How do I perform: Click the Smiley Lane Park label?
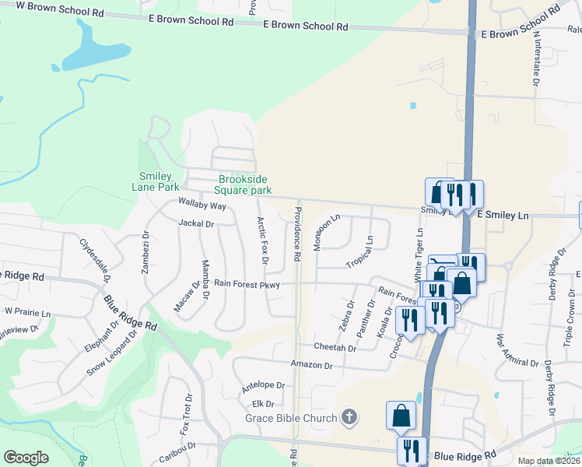pyautogui.click(x=159, y=181)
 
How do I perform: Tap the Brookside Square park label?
pyautogui.click(x=244, y=184)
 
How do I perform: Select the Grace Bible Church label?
pyautogui.click(x=291, y=418)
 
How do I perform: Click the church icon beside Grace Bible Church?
pyautogui.click(x=349, y=417)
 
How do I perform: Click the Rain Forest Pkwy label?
pyautogui.click(x=247, y=285)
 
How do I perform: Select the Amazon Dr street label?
pyautogui.click(x=311, y=364)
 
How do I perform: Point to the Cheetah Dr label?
pyautogui.click(x=335, y=347)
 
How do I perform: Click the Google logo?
pyautogui.click(x=26, y=458)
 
